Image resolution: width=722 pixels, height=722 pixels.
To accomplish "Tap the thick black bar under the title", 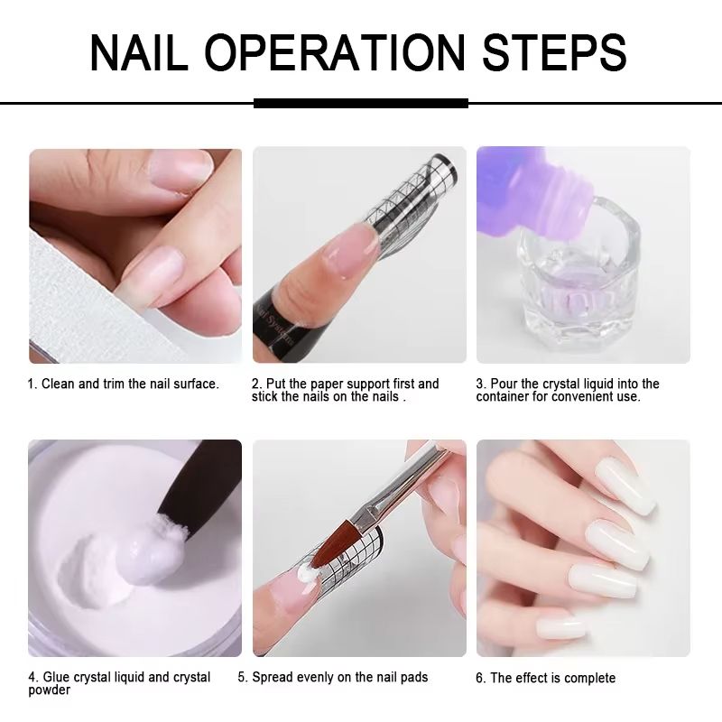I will click(x=361, y=103).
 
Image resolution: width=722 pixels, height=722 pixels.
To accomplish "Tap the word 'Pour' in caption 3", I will click(x=502, y=384).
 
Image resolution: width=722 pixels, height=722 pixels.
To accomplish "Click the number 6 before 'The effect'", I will click(x=479, y=678).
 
